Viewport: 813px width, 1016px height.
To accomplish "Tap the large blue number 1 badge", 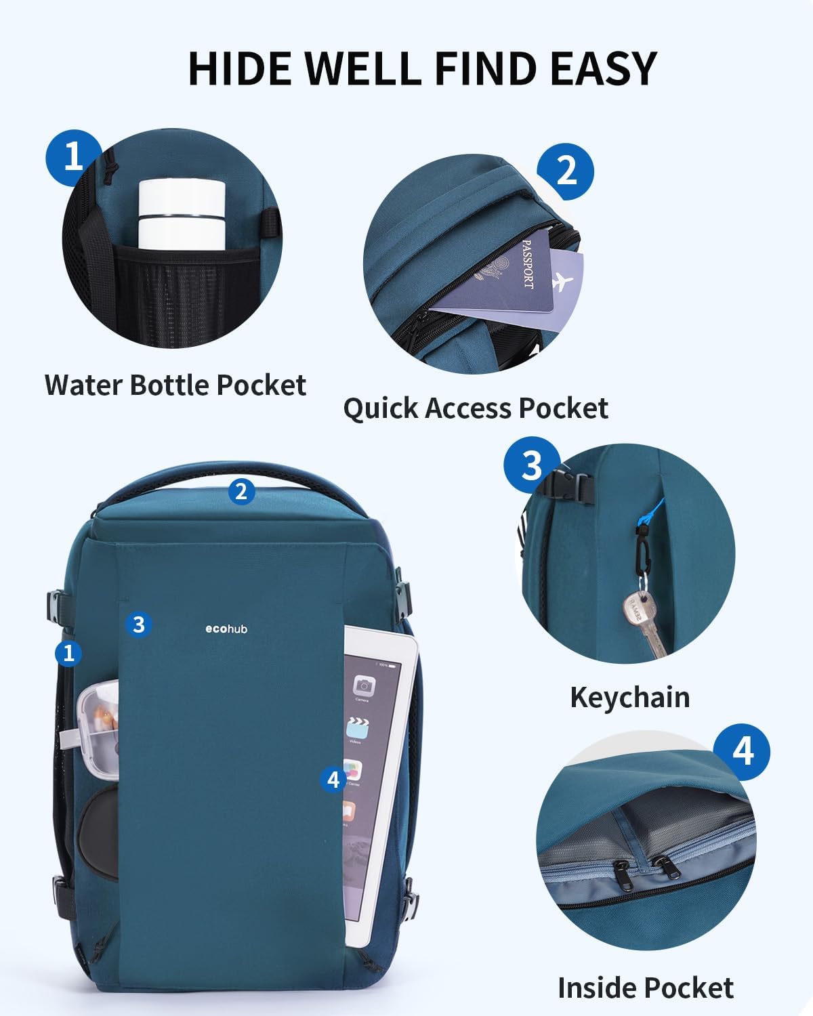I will pos(73,156).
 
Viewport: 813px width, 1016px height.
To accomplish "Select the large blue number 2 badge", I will pos(565,170).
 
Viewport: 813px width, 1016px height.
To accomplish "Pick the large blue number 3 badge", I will pos(532,465).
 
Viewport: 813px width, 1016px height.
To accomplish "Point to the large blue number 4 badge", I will pos(743,750).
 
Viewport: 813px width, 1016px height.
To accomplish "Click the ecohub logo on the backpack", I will pos(226,629).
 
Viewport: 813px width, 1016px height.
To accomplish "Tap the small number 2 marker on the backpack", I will pos(241,491).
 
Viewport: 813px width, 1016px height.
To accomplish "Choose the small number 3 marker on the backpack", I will pos(139,623).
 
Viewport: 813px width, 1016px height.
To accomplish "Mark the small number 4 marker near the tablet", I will pos(333,780).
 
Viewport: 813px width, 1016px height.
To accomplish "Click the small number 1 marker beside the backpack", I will pos(68,653).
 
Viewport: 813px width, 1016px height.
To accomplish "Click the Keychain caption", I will pos(629,697).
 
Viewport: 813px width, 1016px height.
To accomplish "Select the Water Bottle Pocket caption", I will pos(175,385).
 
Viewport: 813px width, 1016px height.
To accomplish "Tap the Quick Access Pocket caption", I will pos(475,408).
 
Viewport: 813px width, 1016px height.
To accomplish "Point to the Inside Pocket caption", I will pos(645,988).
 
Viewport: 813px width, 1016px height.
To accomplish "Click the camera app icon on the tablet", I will pos(364,685).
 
